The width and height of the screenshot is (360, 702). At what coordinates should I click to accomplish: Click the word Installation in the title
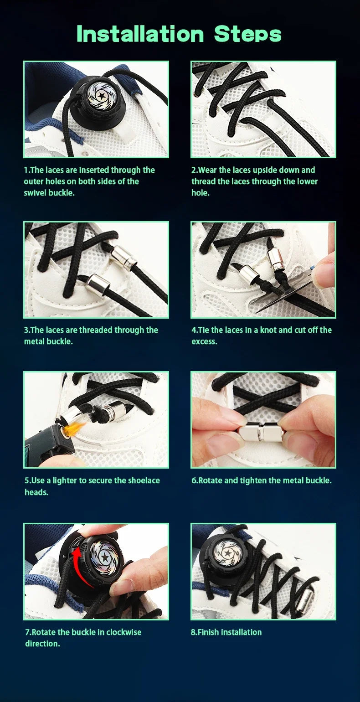tap(140, 34)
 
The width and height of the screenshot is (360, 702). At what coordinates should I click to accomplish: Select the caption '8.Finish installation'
tap(226, 632)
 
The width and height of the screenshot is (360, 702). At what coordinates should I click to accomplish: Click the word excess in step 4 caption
tap(204, 341)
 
